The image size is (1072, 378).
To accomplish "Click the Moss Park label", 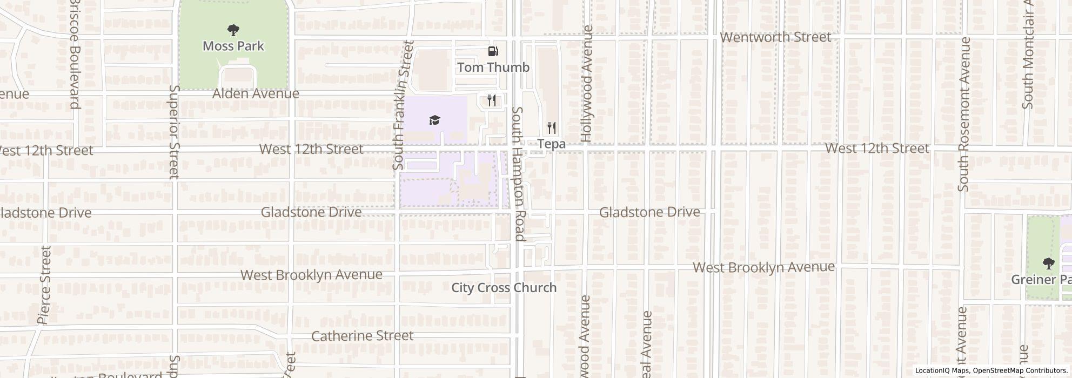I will [x=233, y=46].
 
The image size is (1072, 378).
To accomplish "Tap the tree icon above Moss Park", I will [x=233, y=30].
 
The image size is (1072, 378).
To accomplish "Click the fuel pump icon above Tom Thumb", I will [x=493, y=51].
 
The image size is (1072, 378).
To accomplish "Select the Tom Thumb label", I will [x=493, y=67].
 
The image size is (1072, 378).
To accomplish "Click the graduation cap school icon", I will [x=434, y=120].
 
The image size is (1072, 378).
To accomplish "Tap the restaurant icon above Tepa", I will [x=551, y=128].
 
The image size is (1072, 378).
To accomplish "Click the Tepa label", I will [x=551, y=144].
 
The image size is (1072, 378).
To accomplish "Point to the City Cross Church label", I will [x=504, y=287].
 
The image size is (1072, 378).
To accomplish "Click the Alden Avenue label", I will [x=256, y=93].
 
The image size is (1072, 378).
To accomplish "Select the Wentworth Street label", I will [x=775, y=37].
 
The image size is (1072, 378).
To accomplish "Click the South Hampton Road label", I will [x=518, y=173].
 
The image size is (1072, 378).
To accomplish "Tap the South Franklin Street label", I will [x=403, y=105].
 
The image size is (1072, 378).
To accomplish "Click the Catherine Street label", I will [x=362, y=335].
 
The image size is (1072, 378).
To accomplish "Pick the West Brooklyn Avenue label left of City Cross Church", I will [x=311, y=274].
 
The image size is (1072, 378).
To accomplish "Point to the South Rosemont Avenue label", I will [x=963, y=114].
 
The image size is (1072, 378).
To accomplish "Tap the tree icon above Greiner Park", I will [x=1048, y=264].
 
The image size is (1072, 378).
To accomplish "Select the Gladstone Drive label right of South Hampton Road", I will [x=649, y=212].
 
